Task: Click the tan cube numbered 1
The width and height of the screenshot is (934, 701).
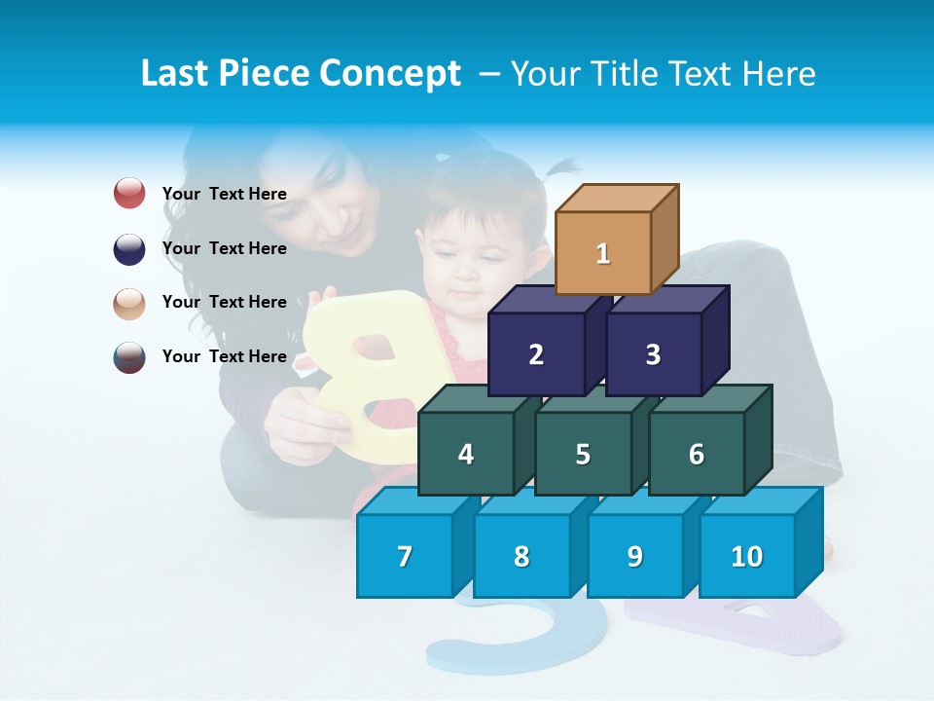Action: (x=603, y=253)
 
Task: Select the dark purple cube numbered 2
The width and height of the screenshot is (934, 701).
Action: (x=536, y=354)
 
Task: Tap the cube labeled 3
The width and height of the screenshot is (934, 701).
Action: (x=653, y=354)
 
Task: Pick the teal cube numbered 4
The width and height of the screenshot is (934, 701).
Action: (x=466, y=454)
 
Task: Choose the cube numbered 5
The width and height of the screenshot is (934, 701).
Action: (x=583, y=454)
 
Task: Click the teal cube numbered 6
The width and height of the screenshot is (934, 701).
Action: (x=697, y=454)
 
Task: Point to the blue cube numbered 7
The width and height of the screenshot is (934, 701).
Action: (x=405, y=556)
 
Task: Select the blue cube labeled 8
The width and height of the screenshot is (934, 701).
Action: (x=521, y=556)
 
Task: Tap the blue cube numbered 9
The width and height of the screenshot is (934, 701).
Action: (x=634, y=556)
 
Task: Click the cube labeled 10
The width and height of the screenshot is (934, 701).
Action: (x=746, y=556)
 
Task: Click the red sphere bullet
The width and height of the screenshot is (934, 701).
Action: (x=129, y=194)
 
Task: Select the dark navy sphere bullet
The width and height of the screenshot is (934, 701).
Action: (x=129, y=248)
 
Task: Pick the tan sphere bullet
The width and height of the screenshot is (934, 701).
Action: (x=129, y=303)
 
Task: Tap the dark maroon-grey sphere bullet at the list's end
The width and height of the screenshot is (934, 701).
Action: (x=129, y=356)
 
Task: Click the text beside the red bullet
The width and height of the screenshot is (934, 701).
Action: (x=224, y=194)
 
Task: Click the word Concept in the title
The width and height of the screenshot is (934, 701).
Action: (x=390, y=73)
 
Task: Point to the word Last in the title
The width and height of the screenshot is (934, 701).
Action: (x=176, y=73)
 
